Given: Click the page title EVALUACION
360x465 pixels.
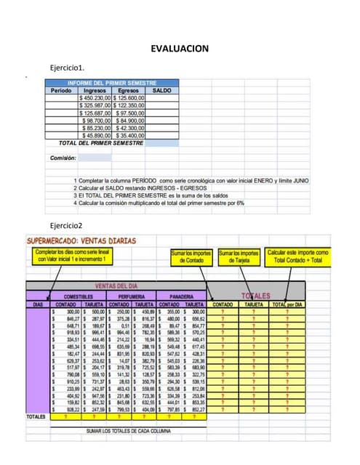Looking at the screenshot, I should [180, 49].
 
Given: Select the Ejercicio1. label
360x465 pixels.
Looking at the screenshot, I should [68, 68].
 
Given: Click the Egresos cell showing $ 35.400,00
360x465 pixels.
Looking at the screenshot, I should [129, 135].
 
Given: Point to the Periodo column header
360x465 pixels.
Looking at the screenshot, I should [61, 91].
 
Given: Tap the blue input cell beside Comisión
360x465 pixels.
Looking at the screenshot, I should [95, 157].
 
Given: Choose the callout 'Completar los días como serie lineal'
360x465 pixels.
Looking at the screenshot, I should [72, 256].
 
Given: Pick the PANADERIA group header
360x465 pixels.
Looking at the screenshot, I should [181, 296].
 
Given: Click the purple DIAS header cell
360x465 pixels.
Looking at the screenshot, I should [36, 304].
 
